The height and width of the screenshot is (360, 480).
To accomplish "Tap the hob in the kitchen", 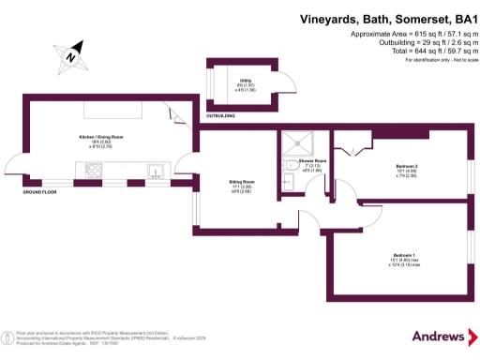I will click(96, 170).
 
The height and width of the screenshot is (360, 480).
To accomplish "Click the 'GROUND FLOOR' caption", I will click(40, 191).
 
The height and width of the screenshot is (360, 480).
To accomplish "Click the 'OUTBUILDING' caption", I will click(220, 115).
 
